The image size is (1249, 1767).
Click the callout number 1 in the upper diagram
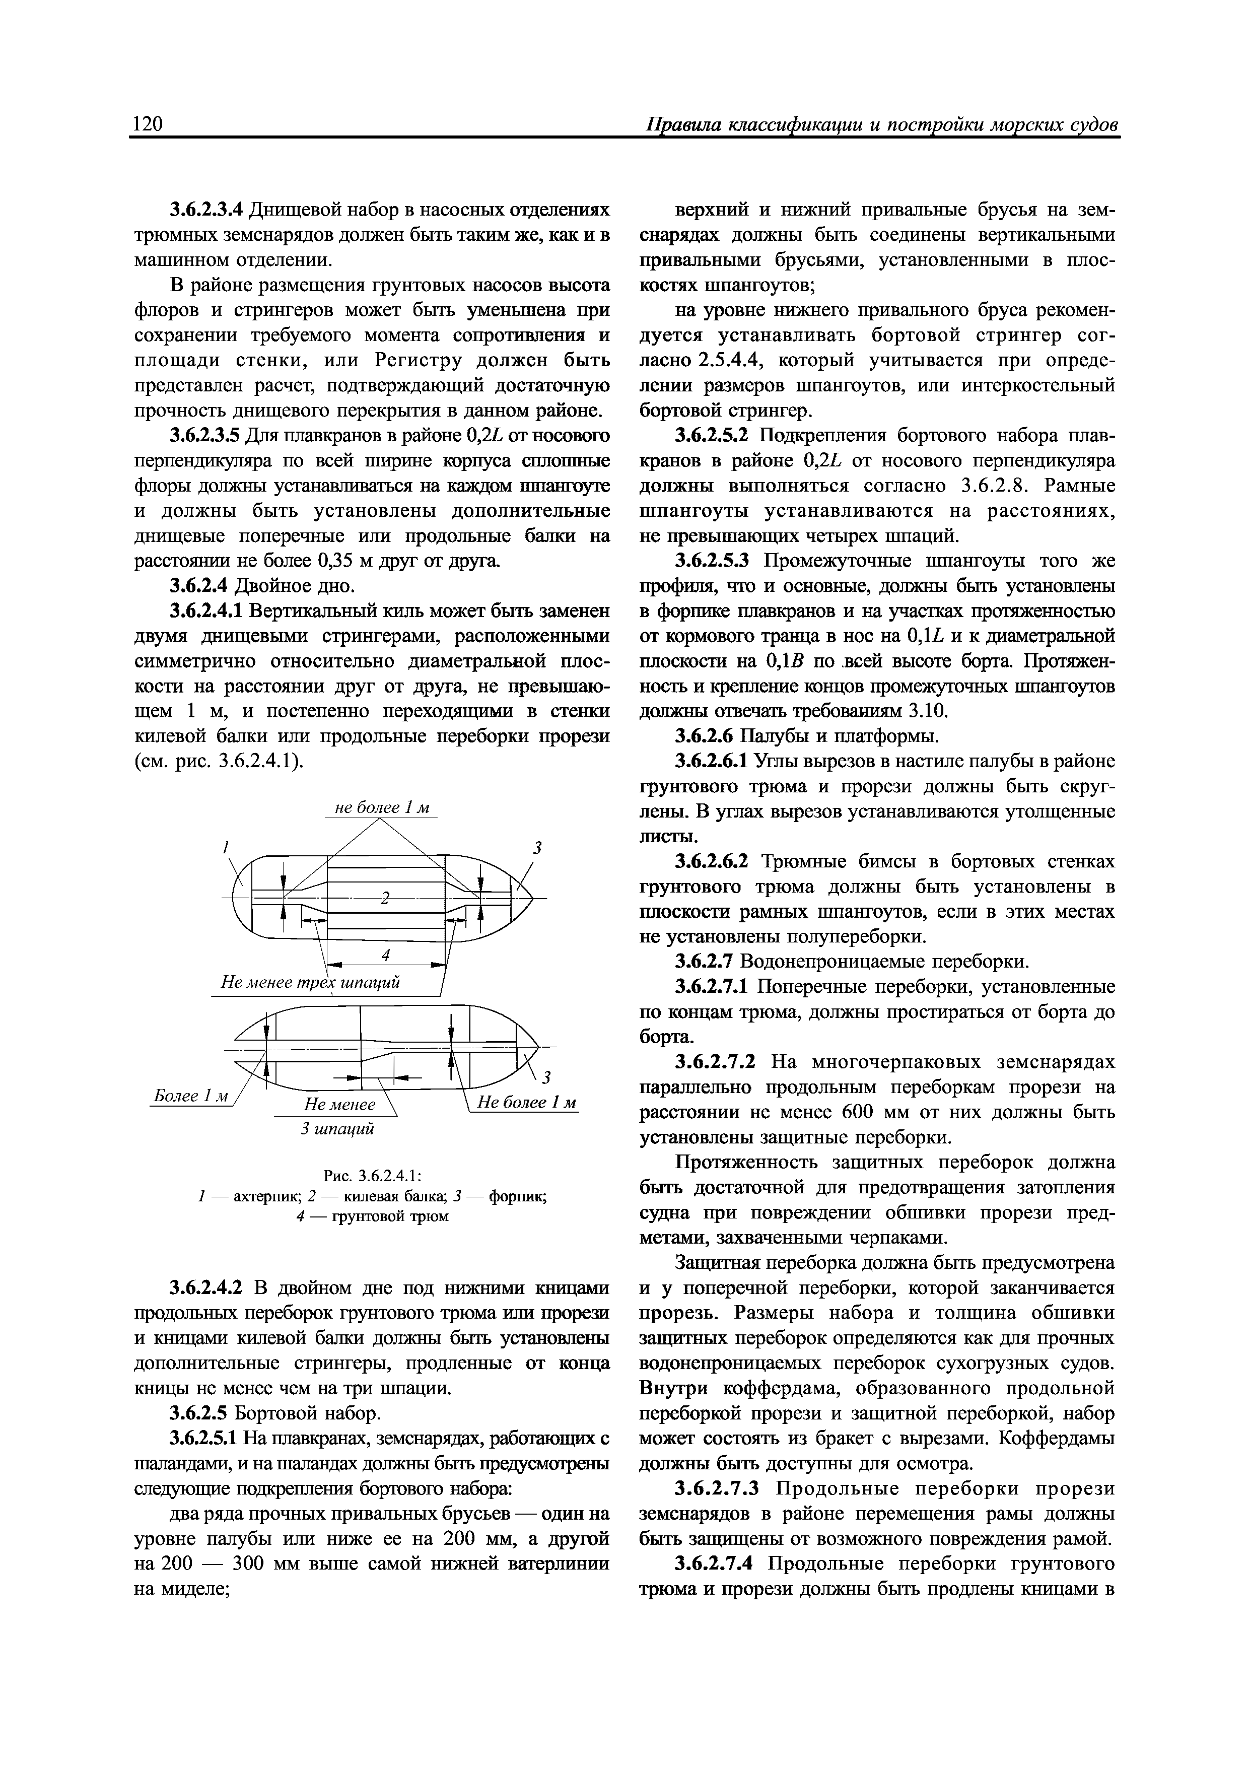click(226, 847)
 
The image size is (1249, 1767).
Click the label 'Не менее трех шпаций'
click(310, 983)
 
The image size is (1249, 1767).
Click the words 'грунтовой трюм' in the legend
click(389, 1216)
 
